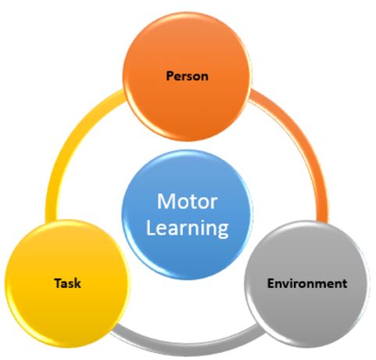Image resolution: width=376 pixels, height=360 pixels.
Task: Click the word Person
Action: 187,76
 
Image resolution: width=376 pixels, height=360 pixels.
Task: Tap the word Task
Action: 68,283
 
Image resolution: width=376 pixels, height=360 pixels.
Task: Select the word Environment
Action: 307,283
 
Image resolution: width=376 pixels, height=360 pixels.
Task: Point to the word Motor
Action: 187,201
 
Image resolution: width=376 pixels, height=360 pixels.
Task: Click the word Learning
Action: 187,229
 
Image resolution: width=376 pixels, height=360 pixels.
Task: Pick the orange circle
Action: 187,76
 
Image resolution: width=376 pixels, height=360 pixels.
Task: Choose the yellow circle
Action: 67,284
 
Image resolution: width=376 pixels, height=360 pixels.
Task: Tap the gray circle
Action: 307,284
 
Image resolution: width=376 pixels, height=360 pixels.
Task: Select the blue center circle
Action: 187,214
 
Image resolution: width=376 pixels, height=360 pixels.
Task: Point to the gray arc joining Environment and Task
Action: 187,344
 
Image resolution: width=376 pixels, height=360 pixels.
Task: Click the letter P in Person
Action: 170,76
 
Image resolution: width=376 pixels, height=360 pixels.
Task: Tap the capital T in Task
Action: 58,283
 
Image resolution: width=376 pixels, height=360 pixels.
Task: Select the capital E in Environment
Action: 270,283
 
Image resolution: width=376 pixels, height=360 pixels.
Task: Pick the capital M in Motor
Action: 165,201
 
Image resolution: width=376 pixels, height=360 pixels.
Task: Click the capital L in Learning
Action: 150,227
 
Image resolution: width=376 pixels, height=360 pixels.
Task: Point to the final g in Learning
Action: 223,231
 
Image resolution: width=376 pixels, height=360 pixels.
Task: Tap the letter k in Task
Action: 77,283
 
